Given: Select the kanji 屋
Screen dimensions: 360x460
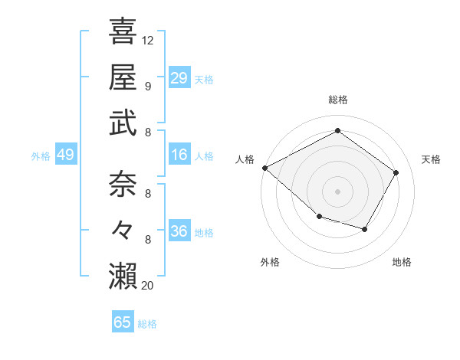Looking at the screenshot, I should pos(123,77).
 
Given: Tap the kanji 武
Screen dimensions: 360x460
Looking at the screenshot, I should pos(123,123).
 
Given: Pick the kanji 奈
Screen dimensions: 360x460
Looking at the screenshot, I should pos(123,185).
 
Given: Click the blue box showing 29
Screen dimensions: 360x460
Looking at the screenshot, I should pos(179,78).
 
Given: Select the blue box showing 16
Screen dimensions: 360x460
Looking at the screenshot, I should pos(179,155).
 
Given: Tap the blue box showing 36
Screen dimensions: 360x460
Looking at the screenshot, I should pos(179,232).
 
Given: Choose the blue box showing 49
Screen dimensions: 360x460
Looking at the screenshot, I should pos(65,155).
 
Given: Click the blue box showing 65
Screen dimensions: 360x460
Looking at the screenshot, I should pos(123,322).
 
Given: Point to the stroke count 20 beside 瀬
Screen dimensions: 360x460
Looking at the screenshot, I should pos(148,286).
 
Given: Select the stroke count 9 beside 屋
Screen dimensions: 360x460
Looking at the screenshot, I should pos(147,87).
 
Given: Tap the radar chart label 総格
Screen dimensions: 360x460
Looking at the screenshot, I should pos(337,100).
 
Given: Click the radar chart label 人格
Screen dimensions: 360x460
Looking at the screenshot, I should pos(245,159).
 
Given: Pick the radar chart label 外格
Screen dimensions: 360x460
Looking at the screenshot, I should pos(270,262).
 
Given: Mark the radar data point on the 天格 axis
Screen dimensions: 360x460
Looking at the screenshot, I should pos(396,172).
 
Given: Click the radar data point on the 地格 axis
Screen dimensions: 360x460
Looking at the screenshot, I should pos(365,229).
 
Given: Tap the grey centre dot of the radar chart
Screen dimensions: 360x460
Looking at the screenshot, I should pos(337,191).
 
